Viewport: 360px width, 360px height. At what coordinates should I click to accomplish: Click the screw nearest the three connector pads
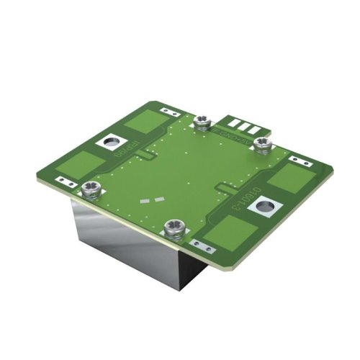point(263,144)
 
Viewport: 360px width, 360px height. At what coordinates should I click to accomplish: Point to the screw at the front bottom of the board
point(173,229)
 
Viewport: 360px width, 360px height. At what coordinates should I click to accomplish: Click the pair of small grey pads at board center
point(153,202)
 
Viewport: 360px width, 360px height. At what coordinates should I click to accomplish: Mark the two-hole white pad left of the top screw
point(170,112)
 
